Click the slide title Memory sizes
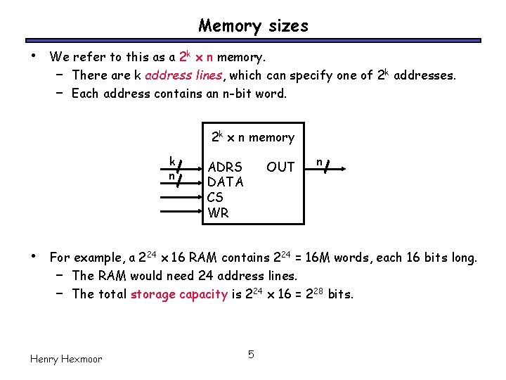253,26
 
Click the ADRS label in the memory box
225,167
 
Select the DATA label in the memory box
225,182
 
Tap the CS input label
215,198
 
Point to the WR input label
218,213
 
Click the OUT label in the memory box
280,167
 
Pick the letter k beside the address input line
172,160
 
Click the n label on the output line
319,161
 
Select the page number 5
252,353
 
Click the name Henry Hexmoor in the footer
66,359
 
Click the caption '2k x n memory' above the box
253,138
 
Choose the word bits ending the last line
340,294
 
